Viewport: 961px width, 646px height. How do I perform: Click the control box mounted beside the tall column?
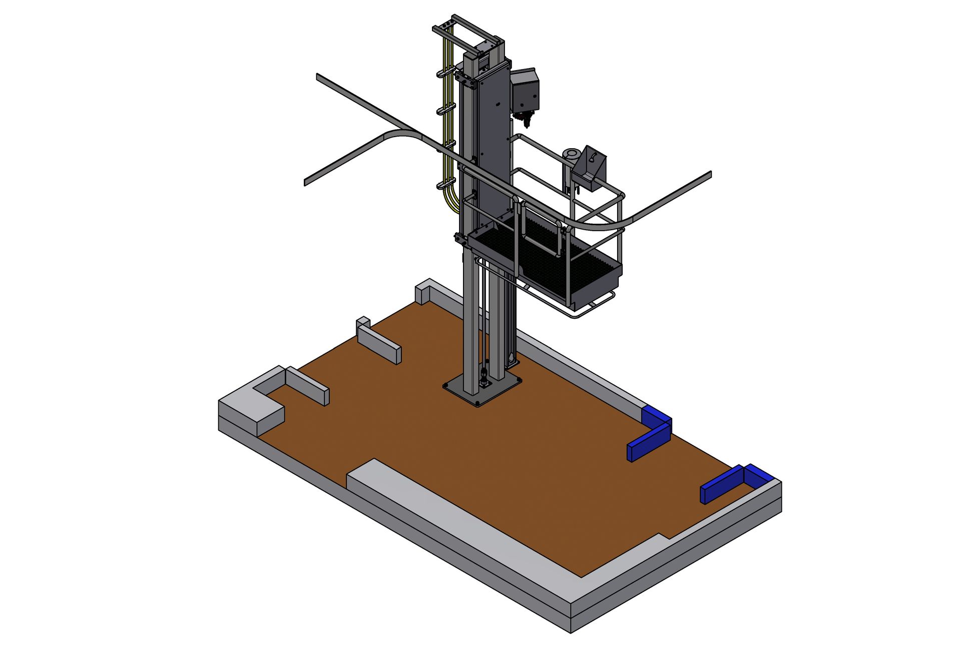[x=526, y=90]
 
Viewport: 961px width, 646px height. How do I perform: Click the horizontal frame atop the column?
[x=468, y=28]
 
